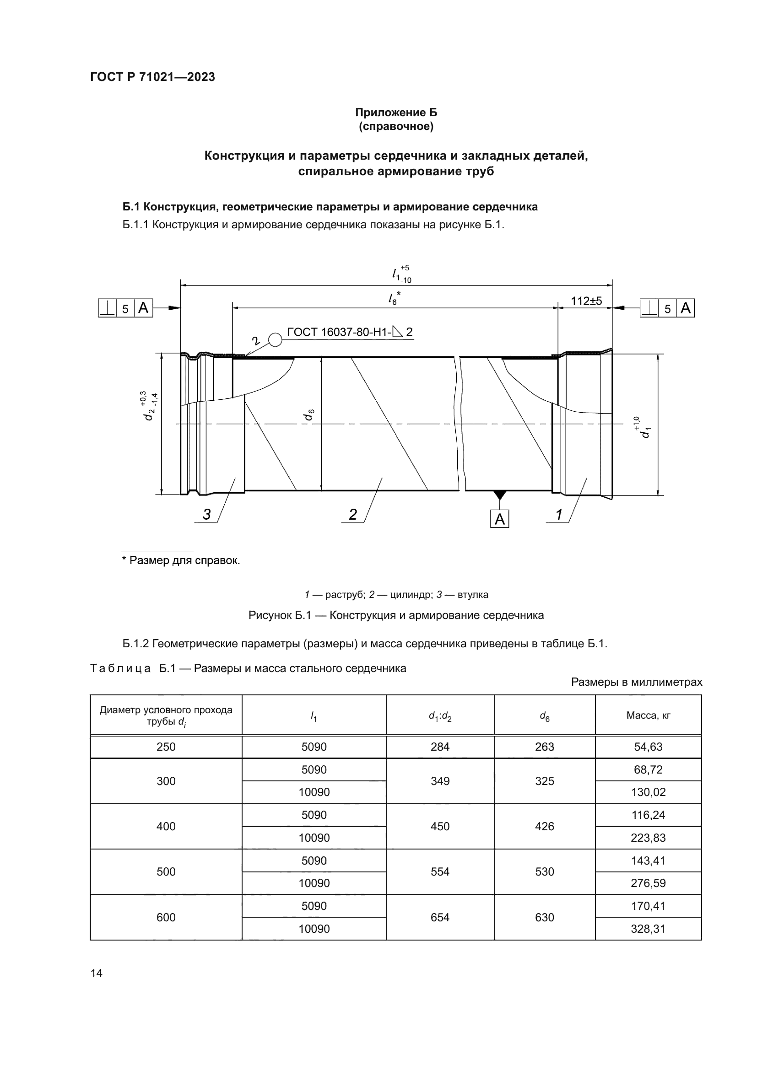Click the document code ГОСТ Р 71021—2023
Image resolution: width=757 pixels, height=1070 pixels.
pyautogui.click(x=152, y=77)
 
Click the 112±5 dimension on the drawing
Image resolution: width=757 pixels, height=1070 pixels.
pyautogui.click(x=586, y=301)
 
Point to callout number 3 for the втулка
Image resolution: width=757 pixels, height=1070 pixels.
pyautogui.click(x=206, y=515)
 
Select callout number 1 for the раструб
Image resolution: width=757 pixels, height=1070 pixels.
pyautogui.click(x=559, y=515)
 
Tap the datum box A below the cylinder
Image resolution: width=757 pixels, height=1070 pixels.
pyautogui.click(x=499, y=519)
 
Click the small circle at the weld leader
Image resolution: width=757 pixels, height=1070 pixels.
pyautogui.click(x=276, y=340)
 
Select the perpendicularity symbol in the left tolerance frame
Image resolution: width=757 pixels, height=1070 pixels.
pyautogui.click(x=107, y=308)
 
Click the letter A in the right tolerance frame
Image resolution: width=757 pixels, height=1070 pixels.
pyautogui.click(x=685, y=308)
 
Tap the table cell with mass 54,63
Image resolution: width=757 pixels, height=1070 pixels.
pyautogui.click(x=648, y=747)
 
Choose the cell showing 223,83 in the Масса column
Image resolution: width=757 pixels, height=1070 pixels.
pyautogui.click(x=648, y=838)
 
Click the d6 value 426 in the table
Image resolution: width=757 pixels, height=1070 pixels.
pyautogui.click(x=545, y=826)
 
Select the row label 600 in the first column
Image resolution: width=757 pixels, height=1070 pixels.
pyautogui.click(x=166, y=917)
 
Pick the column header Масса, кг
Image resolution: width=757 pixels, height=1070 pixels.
pyautogui.click(x=648, y=715)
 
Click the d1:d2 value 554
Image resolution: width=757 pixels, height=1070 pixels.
pyautogui.click(x=439, y=871)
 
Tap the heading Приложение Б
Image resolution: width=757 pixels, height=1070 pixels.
pyautogui.click(x=396, y=113)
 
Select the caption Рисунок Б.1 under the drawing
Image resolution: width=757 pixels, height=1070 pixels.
pyautogui.click(x=396, y=615)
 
